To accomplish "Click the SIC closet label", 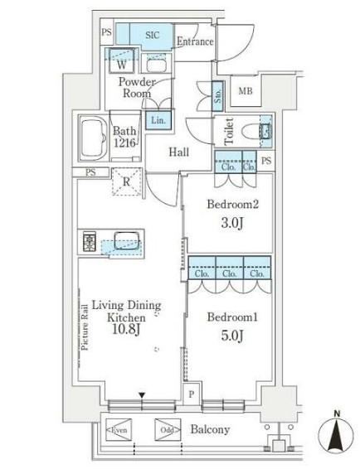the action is point(152,36).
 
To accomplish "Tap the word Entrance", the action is point(195,41).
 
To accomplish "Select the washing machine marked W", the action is point(122,61).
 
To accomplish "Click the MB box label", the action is point(246,91).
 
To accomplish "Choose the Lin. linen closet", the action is point(158,120).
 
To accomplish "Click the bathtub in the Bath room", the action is point(94,138).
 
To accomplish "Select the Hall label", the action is point(179,152).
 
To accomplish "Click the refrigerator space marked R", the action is point(127,181).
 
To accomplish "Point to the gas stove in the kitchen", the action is point(90,241).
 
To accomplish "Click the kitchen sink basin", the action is point(127,240).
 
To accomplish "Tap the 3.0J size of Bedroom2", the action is point(232,223).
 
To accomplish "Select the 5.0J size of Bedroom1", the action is point(232,336).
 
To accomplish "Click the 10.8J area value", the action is point(126,329).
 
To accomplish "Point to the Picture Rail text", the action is point(85,327).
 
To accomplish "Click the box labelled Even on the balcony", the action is point(119,430).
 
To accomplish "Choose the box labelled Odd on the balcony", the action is point(168,430).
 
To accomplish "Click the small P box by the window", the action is point(192,394).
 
